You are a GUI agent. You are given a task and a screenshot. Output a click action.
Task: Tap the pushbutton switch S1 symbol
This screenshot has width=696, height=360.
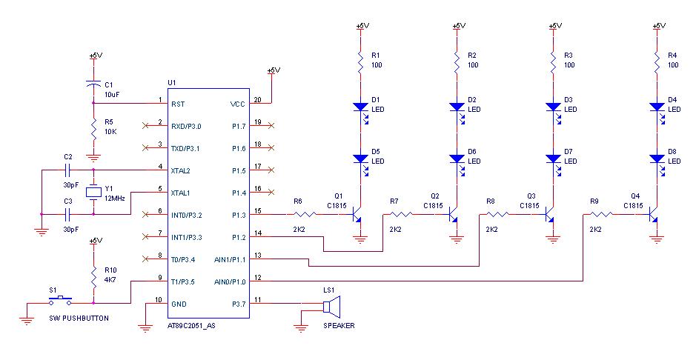60,301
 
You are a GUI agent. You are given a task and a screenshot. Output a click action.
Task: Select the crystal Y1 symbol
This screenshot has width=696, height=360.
93,192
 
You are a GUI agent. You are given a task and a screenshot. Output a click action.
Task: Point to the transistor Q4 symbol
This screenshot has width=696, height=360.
653,215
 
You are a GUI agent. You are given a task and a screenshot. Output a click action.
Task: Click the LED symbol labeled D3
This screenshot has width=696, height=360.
554,109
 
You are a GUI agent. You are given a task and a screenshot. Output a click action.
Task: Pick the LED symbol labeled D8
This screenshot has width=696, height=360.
657,161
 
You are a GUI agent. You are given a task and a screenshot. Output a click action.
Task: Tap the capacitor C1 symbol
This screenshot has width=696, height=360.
93,84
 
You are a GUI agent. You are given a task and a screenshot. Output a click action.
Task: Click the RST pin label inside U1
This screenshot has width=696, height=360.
178,104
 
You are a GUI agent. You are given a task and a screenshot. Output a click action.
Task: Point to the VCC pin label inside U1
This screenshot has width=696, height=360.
237,104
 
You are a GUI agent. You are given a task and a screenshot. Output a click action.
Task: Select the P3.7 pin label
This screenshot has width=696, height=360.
239,304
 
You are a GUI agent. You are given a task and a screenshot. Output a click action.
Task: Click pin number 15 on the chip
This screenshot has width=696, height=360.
258,211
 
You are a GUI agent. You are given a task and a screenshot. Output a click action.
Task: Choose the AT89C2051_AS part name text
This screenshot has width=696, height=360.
191,325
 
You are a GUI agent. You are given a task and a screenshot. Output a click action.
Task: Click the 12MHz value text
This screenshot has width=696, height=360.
115,199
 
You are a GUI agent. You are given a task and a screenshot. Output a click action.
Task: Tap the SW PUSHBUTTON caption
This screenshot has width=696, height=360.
79,318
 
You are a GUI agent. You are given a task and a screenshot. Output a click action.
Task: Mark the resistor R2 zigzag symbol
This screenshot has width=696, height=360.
457,62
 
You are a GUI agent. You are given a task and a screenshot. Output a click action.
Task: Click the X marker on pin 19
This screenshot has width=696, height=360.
271,126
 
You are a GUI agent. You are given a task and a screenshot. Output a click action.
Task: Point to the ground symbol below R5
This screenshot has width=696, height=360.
93,158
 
